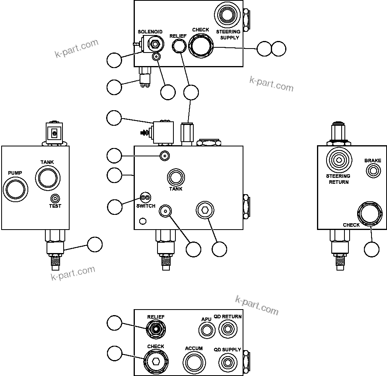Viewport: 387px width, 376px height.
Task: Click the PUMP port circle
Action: (16, 189)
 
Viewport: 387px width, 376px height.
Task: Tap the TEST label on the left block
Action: (55, 206)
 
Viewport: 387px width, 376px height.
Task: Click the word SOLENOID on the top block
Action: (150, 31)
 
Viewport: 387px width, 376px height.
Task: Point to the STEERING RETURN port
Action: (338, 160)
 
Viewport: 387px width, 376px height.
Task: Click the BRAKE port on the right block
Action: (373, 171)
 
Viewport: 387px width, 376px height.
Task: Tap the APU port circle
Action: (206, 330)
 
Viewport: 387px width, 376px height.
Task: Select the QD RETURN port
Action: (227, 329)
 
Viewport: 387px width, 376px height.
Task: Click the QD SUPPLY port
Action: (227, 362)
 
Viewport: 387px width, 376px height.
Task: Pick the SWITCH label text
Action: (146, 206)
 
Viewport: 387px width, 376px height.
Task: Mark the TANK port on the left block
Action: (47, 177)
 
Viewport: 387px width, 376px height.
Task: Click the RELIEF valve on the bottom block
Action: (156, 329)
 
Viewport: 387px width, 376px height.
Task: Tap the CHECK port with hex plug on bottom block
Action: (156, 361)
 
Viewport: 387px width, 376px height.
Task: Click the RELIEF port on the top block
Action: (179, 47)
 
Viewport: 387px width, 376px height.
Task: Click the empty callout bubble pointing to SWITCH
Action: (115, 206)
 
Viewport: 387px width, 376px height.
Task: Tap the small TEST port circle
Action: (55, 198)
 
